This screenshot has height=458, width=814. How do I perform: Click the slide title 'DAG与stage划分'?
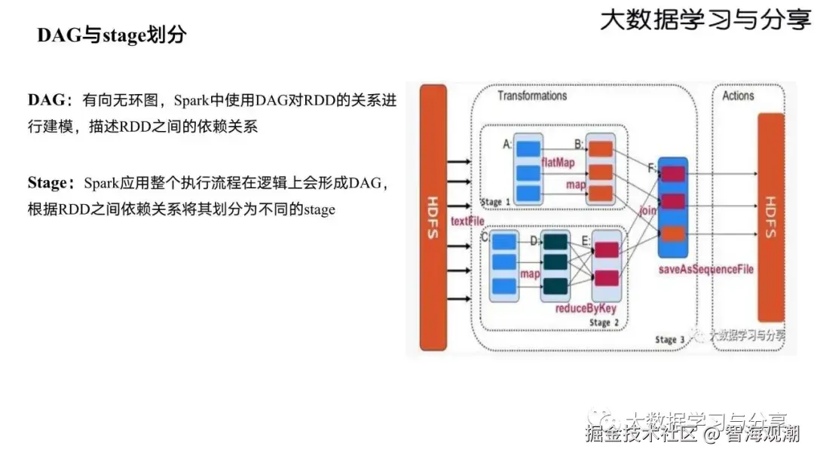(112, 35)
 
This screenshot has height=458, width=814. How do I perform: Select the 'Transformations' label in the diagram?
(532, 96)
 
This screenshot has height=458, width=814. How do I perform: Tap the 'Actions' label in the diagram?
(738, 96)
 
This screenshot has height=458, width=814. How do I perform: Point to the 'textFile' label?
(467, 221)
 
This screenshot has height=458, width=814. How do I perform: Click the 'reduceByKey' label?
(586, 308)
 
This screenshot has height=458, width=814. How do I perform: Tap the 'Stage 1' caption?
(495, 202)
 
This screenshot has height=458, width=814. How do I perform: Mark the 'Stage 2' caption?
(604, 322)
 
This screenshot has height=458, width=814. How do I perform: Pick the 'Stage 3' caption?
(669, 340)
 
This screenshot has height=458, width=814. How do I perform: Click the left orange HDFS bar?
(433, 217)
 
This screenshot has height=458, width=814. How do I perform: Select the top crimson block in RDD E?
(607, 251)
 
